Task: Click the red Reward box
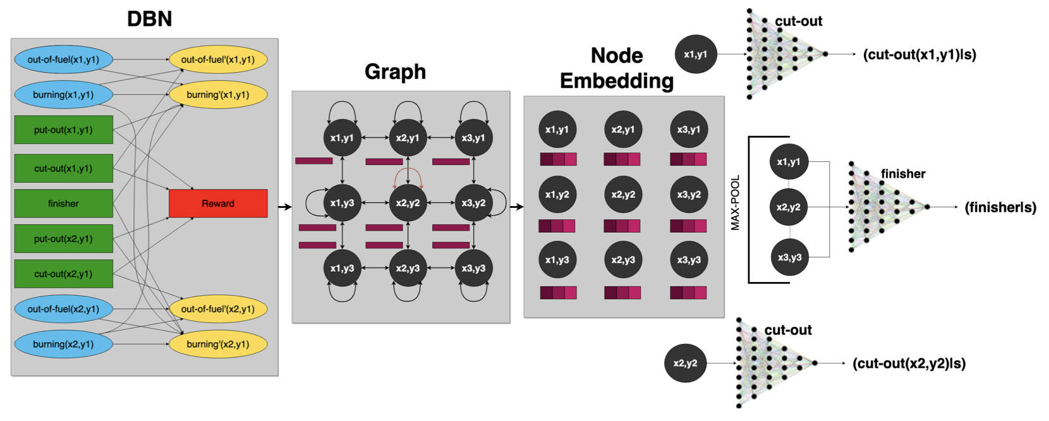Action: [x=218, y=204]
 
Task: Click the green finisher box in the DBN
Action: [x=63, y=204]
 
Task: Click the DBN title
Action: [x=149, y=19]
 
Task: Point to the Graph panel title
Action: [x=395, y=72]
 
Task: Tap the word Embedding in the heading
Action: [x=617, y=81]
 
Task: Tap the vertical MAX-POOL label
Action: [x=735, y=202]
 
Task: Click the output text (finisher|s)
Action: [x=1000, y=207]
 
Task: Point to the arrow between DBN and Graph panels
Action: [x=285, y=207]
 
